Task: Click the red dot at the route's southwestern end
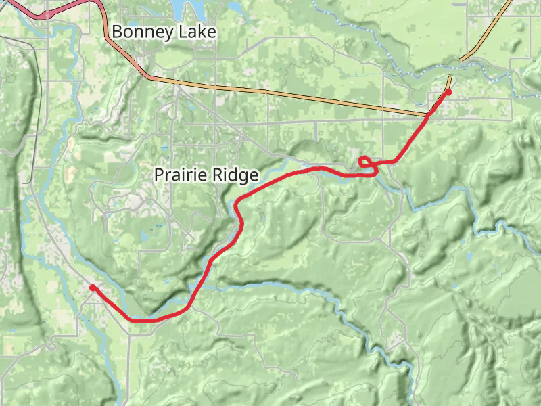click(x=93, y=288)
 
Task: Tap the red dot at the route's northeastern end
click(x=448, y=91)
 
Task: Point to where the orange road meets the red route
click(x=427, y=116)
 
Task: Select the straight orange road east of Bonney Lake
click(x=284, y=94)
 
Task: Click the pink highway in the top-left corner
click(x=68, y=8)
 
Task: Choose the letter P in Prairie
click(x=160, y=175)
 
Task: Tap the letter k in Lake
click(x=201, y=32)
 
